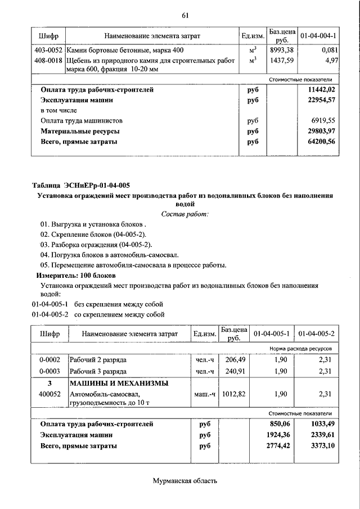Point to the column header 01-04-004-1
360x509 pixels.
pyautogui.click(x=318, y=36)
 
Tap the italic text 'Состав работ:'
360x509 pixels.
pyautogui.click(x=184, y=214)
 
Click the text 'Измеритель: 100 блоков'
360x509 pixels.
pyautogui.click(x=76, y=276)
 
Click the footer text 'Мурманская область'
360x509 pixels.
pyautogui.click(x=184, y=481)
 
